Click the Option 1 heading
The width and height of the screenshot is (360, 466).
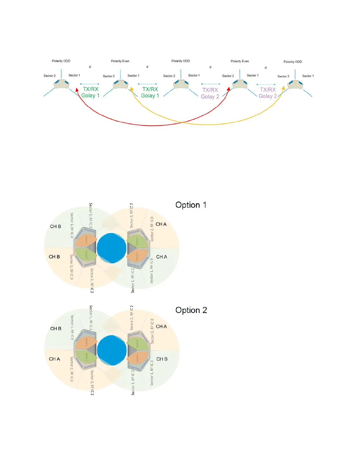[x=191, y=205]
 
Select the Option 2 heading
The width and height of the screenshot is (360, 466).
[x=191, y=310]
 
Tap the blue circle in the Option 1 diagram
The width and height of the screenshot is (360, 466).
[x=111, y=248]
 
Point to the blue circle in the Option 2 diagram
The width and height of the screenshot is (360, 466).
[x=112, y=350]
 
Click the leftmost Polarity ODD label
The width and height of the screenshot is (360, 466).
[x=61, y=61]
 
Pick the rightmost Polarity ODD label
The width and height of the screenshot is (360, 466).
[x=293, y=62]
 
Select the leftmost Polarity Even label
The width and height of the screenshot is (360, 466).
[x=120, y=61]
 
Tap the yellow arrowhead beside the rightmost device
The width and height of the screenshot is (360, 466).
[x=283, y=88]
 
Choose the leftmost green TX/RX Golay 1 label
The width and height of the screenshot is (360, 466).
[x=90, y=92]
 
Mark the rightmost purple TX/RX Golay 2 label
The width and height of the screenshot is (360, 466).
[x=268, y=93]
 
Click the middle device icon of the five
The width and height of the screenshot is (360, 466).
[x=181, y=84]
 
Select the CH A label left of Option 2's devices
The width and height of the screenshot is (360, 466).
[x=54, y=359]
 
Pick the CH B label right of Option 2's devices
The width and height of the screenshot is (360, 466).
[x=162, y=359]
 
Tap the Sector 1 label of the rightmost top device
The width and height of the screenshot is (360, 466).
[x=308, y=76]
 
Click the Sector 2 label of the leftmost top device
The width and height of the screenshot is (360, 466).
[x=49, y=76]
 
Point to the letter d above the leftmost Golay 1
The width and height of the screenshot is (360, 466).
[x=90, y=67]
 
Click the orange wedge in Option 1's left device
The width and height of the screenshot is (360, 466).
[x=85, y=241]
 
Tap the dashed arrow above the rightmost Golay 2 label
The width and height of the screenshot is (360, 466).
[x=266, y=84]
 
